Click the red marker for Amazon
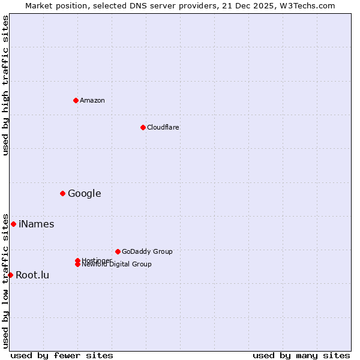pyautogui.click(x=76, y=100)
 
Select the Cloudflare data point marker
pyautogui.click(x=143, y=127)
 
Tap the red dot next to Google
pyautogui.click(x=62, y=193)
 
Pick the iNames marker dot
pyautogui.click(x=13, y=224)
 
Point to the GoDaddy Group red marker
pyautogui.click(x=118, y=251)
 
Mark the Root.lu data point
pyautogui.click(x=10, y=275)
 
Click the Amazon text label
pyautogui.click(x=92, y=100)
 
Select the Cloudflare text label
pyautogui.click(x=163, y=127)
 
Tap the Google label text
pyautogui.click(x=85, y=193)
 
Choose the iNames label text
pyautogui.click(x=37, y=224)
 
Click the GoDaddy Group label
pyautogui.click(x=147, y=251)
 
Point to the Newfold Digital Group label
pyautogui.click(x=117, y=265)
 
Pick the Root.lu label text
pyautogui.click(x=32, y=275)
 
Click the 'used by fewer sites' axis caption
pyautogui.click(x=62, y=355)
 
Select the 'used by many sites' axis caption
pyautogui.click(x=301, y=355)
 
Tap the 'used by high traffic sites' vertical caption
pyautogui.click(x=5, y=86)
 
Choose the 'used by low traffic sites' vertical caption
pyautogui.click(x=5, y=280)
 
